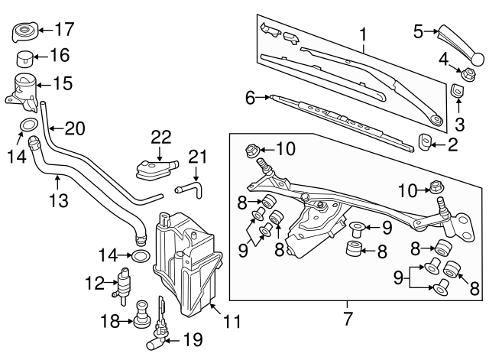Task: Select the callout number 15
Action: tap(63, 83)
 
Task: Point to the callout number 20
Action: tap(74, 128)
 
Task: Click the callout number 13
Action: tap(58, 201)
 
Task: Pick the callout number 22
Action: tap(160, 136)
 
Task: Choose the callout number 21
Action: tap(198, 157)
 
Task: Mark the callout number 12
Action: tap(94, 283)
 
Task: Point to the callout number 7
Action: tap(348, 316)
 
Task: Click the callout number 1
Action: tap(363, 34)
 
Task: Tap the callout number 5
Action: tap(418, 31)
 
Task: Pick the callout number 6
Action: tap(250, 97)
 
